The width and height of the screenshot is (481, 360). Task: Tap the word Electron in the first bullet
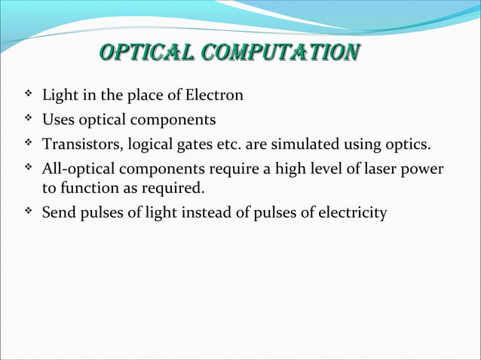click(x=216, y=96)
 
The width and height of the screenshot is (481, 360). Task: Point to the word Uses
click(x=57, y=120)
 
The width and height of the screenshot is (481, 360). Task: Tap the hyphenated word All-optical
click(x=78, y=168)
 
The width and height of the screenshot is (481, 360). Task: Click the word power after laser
click(x=423, y=168)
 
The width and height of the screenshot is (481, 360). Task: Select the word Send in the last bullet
click(x=57, y=213)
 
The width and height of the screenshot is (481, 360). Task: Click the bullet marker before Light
click(x=27, y=95)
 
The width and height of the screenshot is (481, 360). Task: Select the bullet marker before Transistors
click(x=27, y=143)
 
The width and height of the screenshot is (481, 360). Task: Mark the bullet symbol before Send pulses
click(x=27, y=212)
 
